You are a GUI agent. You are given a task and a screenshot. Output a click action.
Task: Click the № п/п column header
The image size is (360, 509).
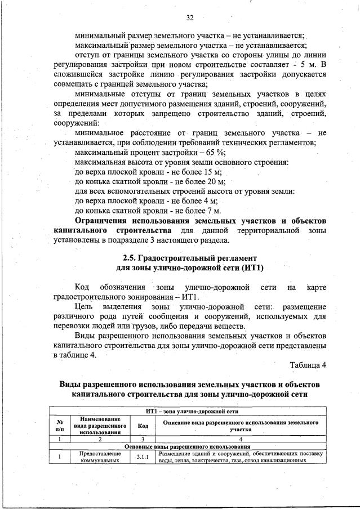pos(59,424)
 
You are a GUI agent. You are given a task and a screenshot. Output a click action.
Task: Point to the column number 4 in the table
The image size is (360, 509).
pos(240,438)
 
